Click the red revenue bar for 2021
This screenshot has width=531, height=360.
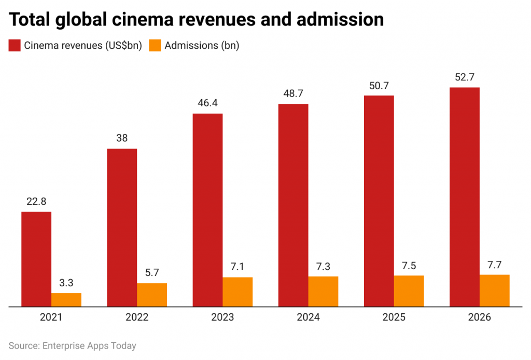tap(36, 259)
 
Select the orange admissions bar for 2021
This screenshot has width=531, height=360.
tap(66, 300)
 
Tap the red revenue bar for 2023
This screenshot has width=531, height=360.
tap(207, 210)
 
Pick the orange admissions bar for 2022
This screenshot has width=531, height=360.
tap(152, 295)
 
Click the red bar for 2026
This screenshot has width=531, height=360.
tap(464, 197)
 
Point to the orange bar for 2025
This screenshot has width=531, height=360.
tap(409, 291)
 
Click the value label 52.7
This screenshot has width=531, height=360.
tap(464, 77)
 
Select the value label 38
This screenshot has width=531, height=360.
tap(122, 138)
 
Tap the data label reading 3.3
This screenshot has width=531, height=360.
tap(66, 283)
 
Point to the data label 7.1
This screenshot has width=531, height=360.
tap(237, 267)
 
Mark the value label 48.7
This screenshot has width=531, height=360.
tap(293, 94)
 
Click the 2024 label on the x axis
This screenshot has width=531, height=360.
tap(308, 317)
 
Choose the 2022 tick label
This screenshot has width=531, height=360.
tap(137, 317)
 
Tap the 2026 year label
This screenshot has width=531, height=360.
tap(479, 317)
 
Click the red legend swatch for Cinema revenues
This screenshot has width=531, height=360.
tap(15, 46)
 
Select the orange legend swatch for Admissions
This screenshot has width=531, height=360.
tap(155, 46)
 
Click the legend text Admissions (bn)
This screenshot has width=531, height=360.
tap(202, 46)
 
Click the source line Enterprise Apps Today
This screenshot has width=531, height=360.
tap(72, 345)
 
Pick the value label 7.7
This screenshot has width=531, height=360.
tap(494, 264)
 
